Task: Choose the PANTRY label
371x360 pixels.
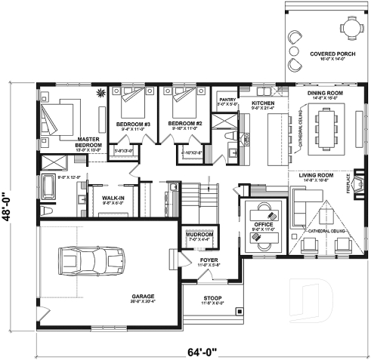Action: (x=228, y=99)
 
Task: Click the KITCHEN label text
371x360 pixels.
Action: (x=262, y=102)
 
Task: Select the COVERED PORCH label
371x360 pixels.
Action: (x=326, y=54)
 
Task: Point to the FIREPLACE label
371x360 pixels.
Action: (x=350, y=186)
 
